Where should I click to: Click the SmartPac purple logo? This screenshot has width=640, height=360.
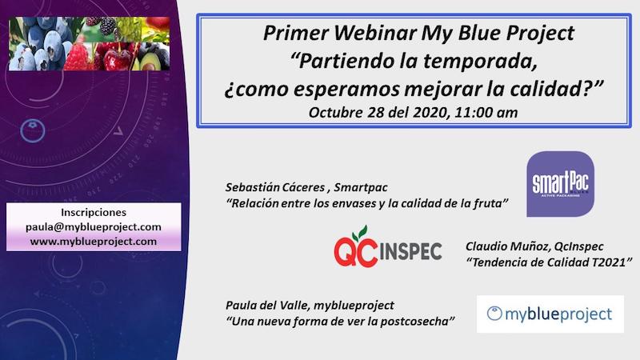560,184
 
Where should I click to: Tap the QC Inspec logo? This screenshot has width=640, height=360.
388,247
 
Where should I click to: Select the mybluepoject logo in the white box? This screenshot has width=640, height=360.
550,314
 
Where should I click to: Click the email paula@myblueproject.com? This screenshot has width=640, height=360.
94,227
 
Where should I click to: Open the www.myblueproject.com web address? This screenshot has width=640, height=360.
94,242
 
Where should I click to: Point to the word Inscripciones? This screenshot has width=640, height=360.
94,212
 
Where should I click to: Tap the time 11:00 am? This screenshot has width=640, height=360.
486,112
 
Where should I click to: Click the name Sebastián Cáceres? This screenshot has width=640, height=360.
275,187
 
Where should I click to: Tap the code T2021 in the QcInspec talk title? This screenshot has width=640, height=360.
608,262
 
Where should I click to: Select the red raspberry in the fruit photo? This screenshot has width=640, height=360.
76,57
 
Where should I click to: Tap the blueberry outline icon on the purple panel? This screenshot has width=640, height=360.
33,130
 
